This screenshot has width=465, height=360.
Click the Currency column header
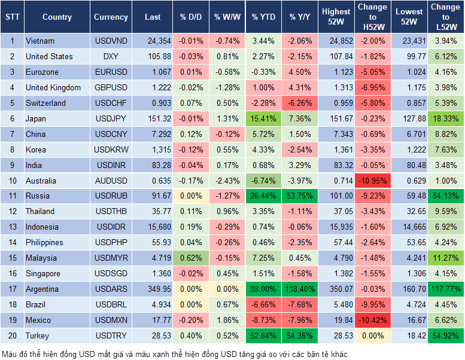point(111,17)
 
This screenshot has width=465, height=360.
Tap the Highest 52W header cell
point(336,17)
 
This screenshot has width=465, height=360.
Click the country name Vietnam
point(40,41)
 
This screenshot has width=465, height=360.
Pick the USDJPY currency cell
point(111,118)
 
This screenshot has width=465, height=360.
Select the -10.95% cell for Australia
point(372,180)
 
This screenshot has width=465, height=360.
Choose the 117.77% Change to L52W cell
point(446,289)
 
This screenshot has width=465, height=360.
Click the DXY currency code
point(111,56)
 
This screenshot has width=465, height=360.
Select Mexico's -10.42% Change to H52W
point(372,320)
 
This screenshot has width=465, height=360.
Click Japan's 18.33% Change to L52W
point(446,118)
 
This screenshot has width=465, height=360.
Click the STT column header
point(12,17)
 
